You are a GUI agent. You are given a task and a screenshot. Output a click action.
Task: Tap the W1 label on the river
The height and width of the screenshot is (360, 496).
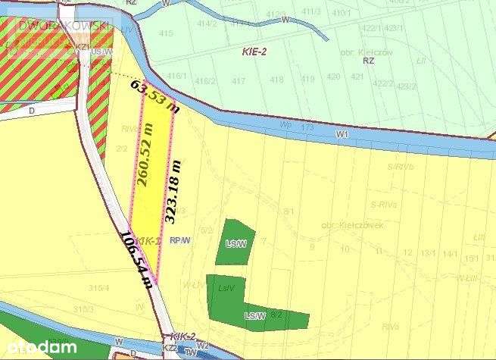click(342, 133)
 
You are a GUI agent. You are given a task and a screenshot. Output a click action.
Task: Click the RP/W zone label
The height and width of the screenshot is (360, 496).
click(179, 241)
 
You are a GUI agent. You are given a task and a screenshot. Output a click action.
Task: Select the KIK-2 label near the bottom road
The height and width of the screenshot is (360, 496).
click(184, 336)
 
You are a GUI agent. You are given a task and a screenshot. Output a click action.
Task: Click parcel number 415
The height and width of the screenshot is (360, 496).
click(166, 33)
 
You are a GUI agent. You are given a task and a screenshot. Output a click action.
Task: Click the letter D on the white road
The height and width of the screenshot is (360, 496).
click(11, 110)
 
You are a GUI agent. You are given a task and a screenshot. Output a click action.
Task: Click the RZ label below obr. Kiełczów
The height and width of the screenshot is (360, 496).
click(369, 60)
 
